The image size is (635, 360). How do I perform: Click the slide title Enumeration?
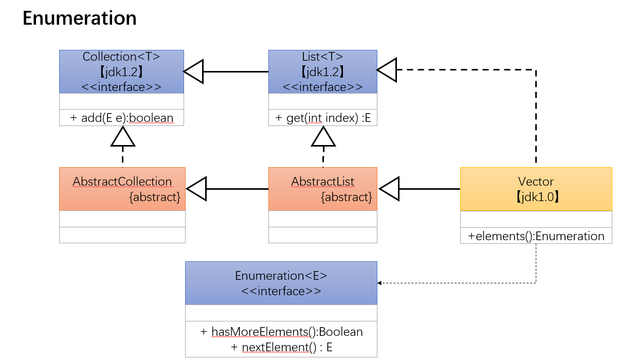80,19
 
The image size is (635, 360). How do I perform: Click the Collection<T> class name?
121,57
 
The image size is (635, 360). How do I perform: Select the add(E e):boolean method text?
121,118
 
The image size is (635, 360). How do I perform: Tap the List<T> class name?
322,57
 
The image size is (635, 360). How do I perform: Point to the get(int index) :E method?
322,118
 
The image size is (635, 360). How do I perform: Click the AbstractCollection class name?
122,182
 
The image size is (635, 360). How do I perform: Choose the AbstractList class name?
322,182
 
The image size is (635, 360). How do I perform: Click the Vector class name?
536,182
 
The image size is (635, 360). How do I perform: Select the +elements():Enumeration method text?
536,236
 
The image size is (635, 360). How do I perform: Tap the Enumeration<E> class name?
281,276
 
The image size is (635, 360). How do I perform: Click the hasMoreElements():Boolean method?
281,332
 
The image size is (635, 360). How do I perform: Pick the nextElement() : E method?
281,348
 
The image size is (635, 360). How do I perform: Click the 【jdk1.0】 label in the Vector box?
536,197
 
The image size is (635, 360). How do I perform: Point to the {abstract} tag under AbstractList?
346,197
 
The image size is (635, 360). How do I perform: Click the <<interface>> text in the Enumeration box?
281,291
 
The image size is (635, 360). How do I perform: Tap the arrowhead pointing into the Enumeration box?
380,283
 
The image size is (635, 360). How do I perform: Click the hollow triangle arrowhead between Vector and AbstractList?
389,189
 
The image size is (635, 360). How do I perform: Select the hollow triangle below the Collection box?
123,136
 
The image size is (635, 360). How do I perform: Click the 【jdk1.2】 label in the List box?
322,71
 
